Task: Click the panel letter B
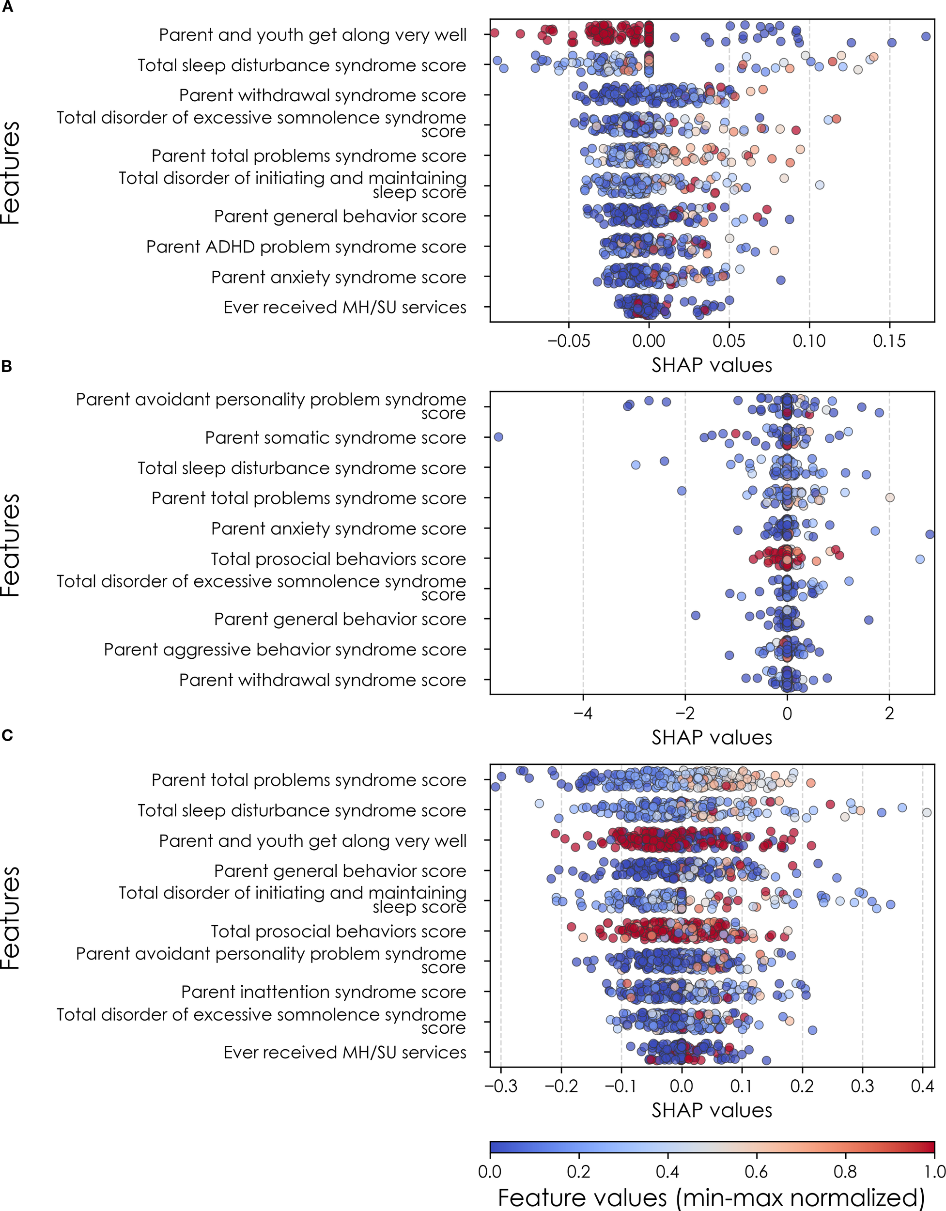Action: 7,367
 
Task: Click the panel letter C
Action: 7,735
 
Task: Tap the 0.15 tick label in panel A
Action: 889,341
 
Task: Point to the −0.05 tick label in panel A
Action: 568,341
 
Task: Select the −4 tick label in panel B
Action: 582,713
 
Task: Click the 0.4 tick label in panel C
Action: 922,1086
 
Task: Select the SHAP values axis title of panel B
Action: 712,737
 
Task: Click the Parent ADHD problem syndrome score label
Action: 306,247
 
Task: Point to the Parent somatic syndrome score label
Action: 335,437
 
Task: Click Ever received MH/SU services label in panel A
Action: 344,307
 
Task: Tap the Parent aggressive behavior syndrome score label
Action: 284,649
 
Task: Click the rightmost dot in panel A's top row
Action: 926,37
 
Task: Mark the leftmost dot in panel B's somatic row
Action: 498,437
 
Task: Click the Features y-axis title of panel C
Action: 11,917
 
